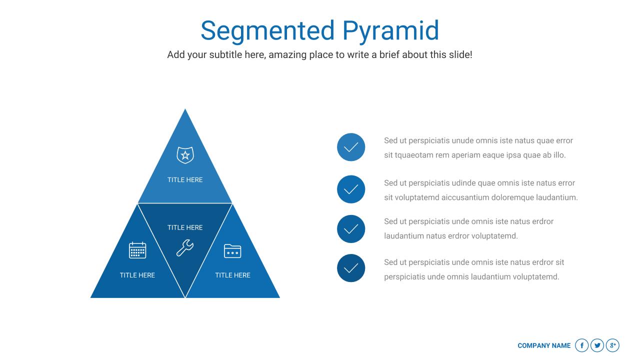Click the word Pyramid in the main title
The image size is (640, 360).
[x=390, y=31]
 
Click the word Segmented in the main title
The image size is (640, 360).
[x=267, y=31]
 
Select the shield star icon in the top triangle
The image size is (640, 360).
[x=185, y=155]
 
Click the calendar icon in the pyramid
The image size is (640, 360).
[x=137, y=250]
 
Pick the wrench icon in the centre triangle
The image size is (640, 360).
[x=185, y=247]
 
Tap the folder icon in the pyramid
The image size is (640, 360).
[x=232, y=250]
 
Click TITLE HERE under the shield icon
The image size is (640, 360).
[x=185, y=180]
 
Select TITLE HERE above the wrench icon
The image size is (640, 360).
[x=185, y=227]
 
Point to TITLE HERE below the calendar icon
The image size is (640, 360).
[x=137, y=275]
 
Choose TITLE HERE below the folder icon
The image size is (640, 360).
[x=232, y=275]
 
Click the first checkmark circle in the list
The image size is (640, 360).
[x=351, y=147]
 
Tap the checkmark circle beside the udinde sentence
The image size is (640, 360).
[x=351, y=189]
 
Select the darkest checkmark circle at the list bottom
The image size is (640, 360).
[x=351, y=268]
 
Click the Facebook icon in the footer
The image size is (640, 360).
[x=581, y=345]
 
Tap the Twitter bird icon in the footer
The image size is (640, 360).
[x=597, y=345]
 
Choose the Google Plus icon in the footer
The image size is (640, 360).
[x=612, y=345]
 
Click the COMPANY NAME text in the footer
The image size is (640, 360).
[x=544, y=345]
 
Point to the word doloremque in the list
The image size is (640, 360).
[x=512, y=197]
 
